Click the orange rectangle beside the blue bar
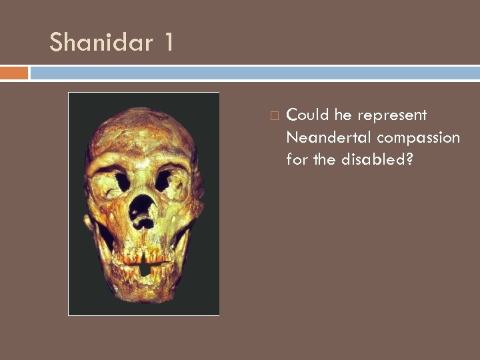coord(14,73)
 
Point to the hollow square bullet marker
coord(273,116)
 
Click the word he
coord(343,115)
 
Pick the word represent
coord(392,116)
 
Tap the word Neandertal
coord(329,137)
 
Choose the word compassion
coord(419,138)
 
